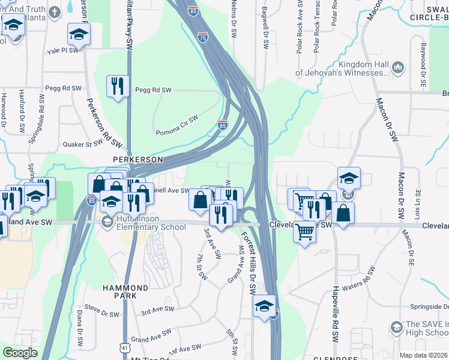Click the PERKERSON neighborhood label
(x=138, y=160)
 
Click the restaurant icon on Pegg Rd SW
(x=117, y=86)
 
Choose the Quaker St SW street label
(x=83, y=144)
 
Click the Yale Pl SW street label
(x=63, y=51)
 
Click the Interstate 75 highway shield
(x=203, y=38)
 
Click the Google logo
(x=20, y=353)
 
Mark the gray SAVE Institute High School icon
(x=396, y=327)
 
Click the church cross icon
(x=55, y=12)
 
